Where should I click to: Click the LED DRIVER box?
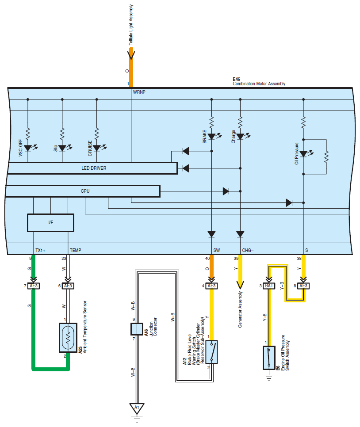point(93,168)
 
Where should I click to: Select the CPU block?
point(83,191)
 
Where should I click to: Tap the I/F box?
point(50,223)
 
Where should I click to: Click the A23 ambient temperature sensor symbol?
point(68,338)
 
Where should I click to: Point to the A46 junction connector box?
point(137,329)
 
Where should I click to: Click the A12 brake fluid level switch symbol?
point(211,352)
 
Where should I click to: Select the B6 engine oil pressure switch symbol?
point(269,358)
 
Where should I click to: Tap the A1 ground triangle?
point(137,408)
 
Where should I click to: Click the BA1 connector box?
point(269,286)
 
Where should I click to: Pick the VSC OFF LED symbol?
point(28,148)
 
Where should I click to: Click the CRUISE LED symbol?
point(97,148)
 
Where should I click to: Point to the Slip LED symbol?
point(62,148)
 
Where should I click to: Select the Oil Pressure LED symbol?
point(303,154)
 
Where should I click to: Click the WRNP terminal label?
point(139,92)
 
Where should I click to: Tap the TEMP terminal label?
point(75,250)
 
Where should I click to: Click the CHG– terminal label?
point(248,250)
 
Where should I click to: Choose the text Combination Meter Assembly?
point(259,84)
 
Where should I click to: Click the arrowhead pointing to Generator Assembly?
point(240,285)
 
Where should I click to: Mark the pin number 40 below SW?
point(207,258)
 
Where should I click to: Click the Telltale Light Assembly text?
point(131,25)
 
